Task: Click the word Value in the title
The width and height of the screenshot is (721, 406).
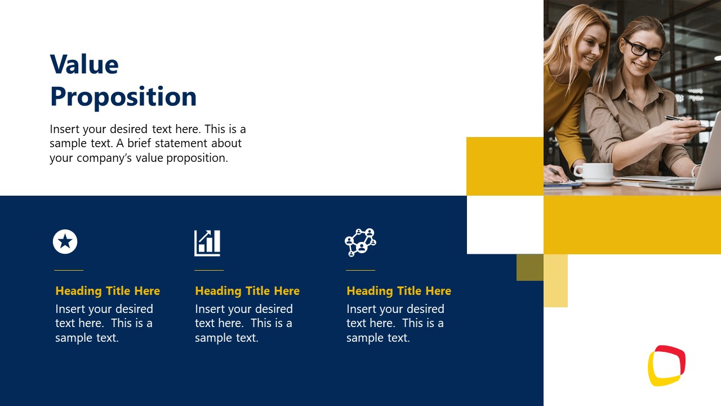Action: tap(84, 65)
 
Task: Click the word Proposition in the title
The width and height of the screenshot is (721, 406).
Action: tap(123, 97)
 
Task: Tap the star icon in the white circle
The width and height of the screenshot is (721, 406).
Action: tap(65, 242)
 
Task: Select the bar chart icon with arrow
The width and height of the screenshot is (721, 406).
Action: tap(207, 242)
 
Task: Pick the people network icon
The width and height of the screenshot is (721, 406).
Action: tap(360, 242)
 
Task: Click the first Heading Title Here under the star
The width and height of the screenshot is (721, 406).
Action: tap(108, 291)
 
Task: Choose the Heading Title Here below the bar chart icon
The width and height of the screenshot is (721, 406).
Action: tap(247, 291)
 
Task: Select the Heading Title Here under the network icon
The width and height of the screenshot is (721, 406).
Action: tap(399, 291)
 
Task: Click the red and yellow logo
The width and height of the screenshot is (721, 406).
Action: tap(666, 365)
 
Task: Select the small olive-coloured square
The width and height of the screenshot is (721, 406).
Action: tap(530, 267)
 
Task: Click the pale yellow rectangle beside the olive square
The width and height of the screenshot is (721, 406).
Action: tap(556, 281)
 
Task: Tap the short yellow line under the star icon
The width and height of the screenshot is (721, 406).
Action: tap(69, 270)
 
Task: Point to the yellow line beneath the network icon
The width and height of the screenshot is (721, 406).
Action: tap(360, 270)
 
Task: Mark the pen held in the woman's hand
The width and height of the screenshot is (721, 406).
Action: tap(682, 120)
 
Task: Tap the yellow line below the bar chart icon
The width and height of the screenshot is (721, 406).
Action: tap(209, 270)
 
